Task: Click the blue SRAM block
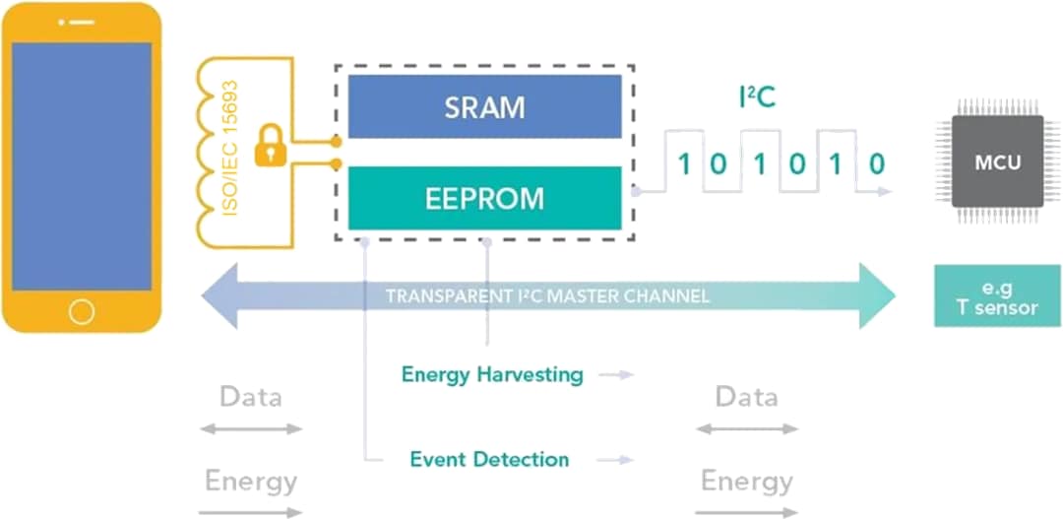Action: coord(484,106)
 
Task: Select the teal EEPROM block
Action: coord(484,198)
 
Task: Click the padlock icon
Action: coord(269,149)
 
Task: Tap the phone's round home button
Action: coord(82,312)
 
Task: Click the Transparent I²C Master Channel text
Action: coord(547,296)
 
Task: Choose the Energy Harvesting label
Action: coord(492,375)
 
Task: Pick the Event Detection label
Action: coord(489,460)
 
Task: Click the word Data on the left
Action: coord(250,397)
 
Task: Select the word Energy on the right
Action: coord(746,482)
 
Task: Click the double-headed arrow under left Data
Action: coord(250,428)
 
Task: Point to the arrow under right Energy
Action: coord(746,512)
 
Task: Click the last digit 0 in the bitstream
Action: coord(876,163)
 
